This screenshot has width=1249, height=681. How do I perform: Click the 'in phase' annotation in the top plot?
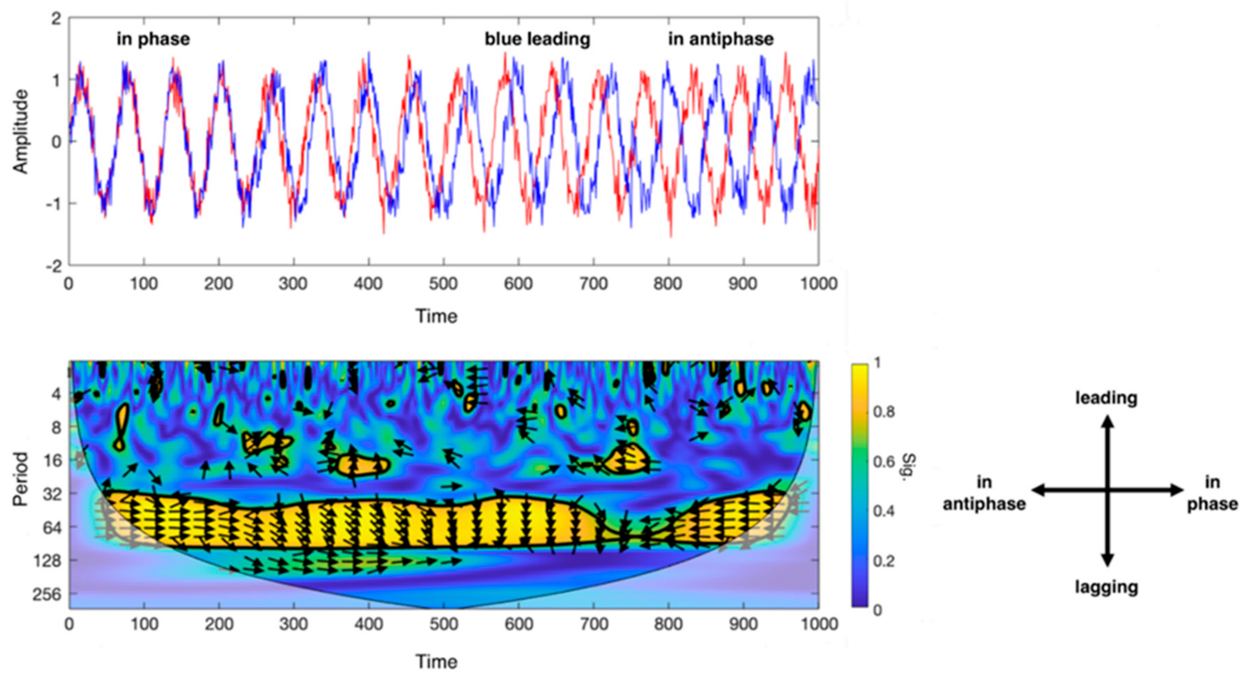click(153, 39)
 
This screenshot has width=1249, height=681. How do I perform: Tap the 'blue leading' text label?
click(537, 39)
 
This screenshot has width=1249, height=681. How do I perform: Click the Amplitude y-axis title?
click(20, 132)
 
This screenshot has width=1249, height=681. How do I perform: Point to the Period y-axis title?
click(20, 479)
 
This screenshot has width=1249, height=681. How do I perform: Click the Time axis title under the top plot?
click(436, 316)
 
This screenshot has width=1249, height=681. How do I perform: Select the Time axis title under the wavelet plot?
click(436, 662)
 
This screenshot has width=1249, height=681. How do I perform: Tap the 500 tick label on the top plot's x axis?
click(443, 284)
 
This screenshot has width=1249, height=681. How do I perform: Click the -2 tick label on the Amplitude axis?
click(54, 266)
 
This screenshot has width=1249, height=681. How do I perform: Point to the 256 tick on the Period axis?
click(47, 594)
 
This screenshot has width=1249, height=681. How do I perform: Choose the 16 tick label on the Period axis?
click(52, 460)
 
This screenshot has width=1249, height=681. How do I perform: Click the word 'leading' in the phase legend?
click(1106, 398)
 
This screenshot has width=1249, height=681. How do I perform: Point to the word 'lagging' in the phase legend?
click(1106, 587)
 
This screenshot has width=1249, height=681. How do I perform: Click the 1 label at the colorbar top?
click(877, 362)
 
